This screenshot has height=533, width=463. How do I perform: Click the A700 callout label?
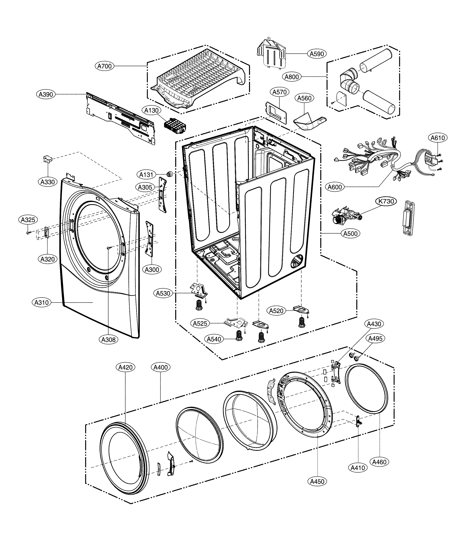tap(104, 66)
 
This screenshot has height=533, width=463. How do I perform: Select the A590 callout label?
tap(317, 54)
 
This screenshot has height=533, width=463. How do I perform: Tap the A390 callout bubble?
tap(46, 94)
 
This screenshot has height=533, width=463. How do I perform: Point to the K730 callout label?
tap(386, 201)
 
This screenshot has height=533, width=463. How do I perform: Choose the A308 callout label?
tap(108, 339)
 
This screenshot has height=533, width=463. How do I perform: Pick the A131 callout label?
tap(146, 175)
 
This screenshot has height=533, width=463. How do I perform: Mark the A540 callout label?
tap(214, 339)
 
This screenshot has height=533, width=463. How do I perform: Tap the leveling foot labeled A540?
tap(239, 336)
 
